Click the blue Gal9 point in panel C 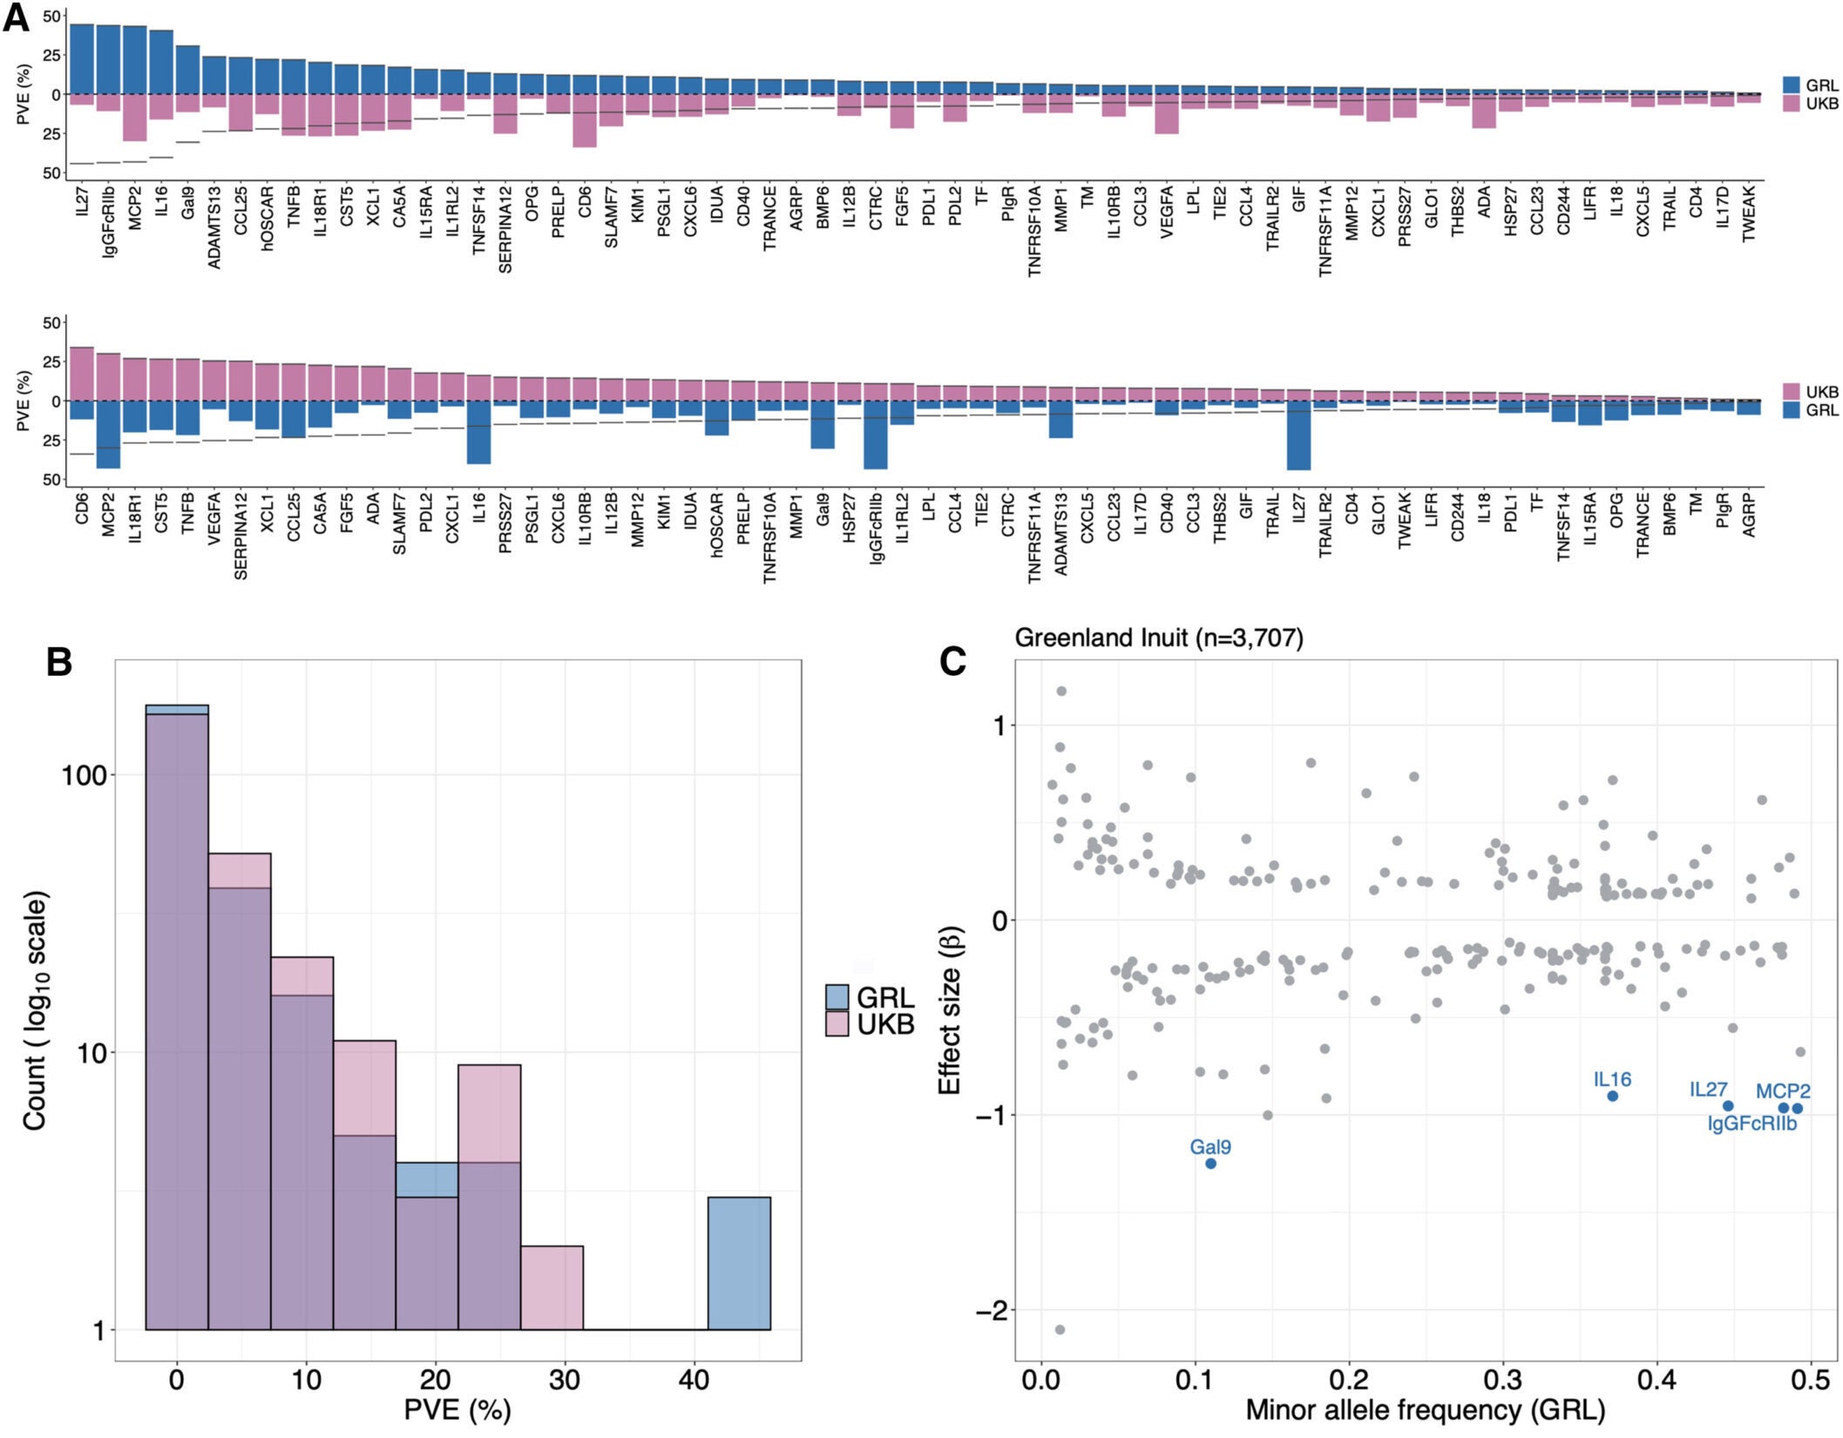[1209, 1164]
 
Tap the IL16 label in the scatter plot [1612, 1080]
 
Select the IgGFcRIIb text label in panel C [1752, 1124]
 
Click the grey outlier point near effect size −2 [1060, 1330]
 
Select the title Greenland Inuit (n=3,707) [1159, 638]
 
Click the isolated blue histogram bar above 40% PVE [738, 1263]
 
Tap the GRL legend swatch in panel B [837, 997]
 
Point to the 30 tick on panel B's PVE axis [565, 1381]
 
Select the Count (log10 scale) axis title [35, 1010]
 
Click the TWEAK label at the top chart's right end [1747, 213]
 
